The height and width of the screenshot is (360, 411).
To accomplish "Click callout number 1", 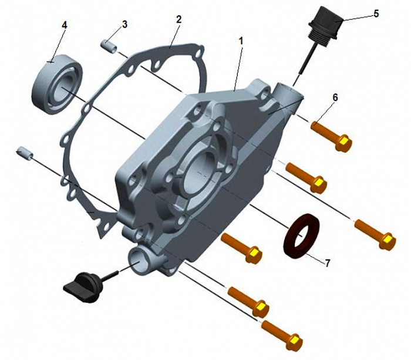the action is coord(241,41).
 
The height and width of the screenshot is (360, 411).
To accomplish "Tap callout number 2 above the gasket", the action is coord(178,19).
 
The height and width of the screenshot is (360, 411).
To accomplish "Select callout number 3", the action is coord(124,25).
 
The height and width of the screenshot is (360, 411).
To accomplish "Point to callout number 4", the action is coord(65,25).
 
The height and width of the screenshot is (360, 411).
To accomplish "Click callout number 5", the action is coord(376,14).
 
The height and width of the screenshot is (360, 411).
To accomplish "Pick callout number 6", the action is coord(335,97).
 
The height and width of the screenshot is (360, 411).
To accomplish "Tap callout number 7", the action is coord(327,263).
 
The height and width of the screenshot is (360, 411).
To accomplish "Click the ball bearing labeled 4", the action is coord(57,84).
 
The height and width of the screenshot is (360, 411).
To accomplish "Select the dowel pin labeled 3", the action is coord(109,46).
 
